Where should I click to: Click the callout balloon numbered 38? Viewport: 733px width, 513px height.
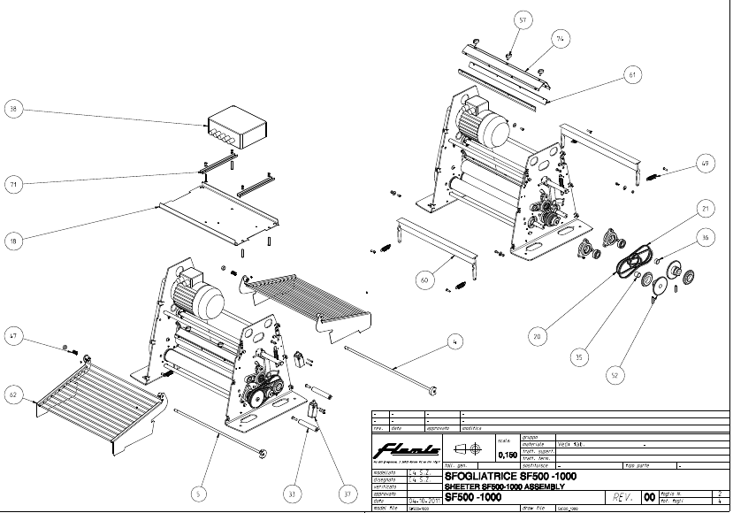12,110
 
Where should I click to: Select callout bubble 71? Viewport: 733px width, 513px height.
12,183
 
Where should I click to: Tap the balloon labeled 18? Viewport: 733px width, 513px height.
12,238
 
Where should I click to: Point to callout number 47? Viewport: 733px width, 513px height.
12,335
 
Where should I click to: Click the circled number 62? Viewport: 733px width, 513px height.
12,397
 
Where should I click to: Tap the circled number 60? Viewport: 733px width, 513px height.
425,280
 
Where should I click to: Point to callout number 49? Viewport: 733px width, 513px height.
704,163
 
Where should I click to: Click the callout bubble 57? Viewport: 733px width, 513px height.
523,19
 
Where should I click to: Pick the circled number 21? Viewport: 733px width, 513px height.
705,209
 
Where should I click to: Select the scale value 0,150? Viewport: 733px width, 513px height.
508,455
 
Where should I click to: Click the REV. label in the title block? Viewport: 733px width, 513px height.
620,497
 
